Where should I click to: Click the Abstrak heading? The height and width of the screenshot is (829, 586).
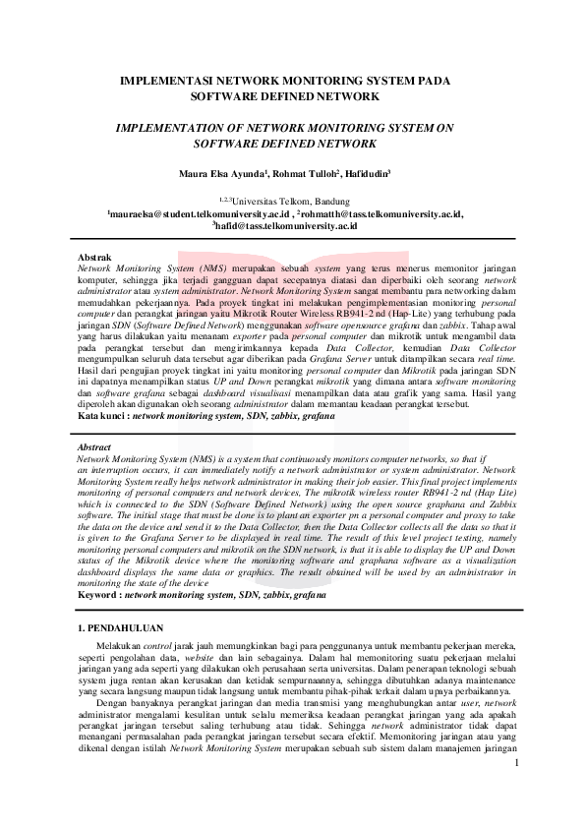(x=95, y=258)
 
